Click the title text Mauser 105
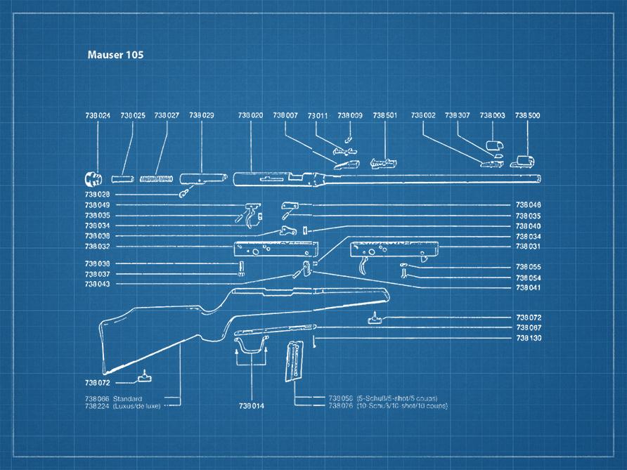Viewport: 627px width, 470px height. tap(115, 54)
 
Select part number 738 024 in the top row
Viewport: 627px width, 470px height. tap(97, 115)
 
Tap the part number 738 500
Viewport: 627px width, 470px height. tap(527, 115)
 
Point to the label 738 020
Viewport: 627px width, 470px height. tap(250, 115)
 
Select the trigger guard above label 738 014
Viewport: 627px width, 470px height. tap(250, 344)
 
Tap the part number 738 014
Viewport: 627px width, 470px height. tap(251, 406)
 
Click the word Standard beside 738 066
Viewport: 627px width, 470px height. tap(127, 398)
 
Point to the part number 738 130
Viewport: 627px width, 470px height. tap(529, 338)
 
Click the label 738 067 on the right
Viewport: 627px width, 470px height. tap(529, 327)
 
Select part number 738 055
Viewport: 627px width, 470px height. tap(529, 267)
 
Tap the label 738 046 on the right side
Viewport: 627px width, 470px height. tap(529, 204)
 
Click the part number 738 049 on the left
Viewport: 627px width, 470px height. tap(97, 204)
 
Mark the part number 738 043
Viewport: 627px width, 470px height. tap(97, 284)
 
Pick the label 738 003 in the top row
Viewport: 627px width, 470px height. tap(492, 115)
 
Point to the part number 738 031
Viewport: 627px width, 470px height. tap(529, 247)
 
